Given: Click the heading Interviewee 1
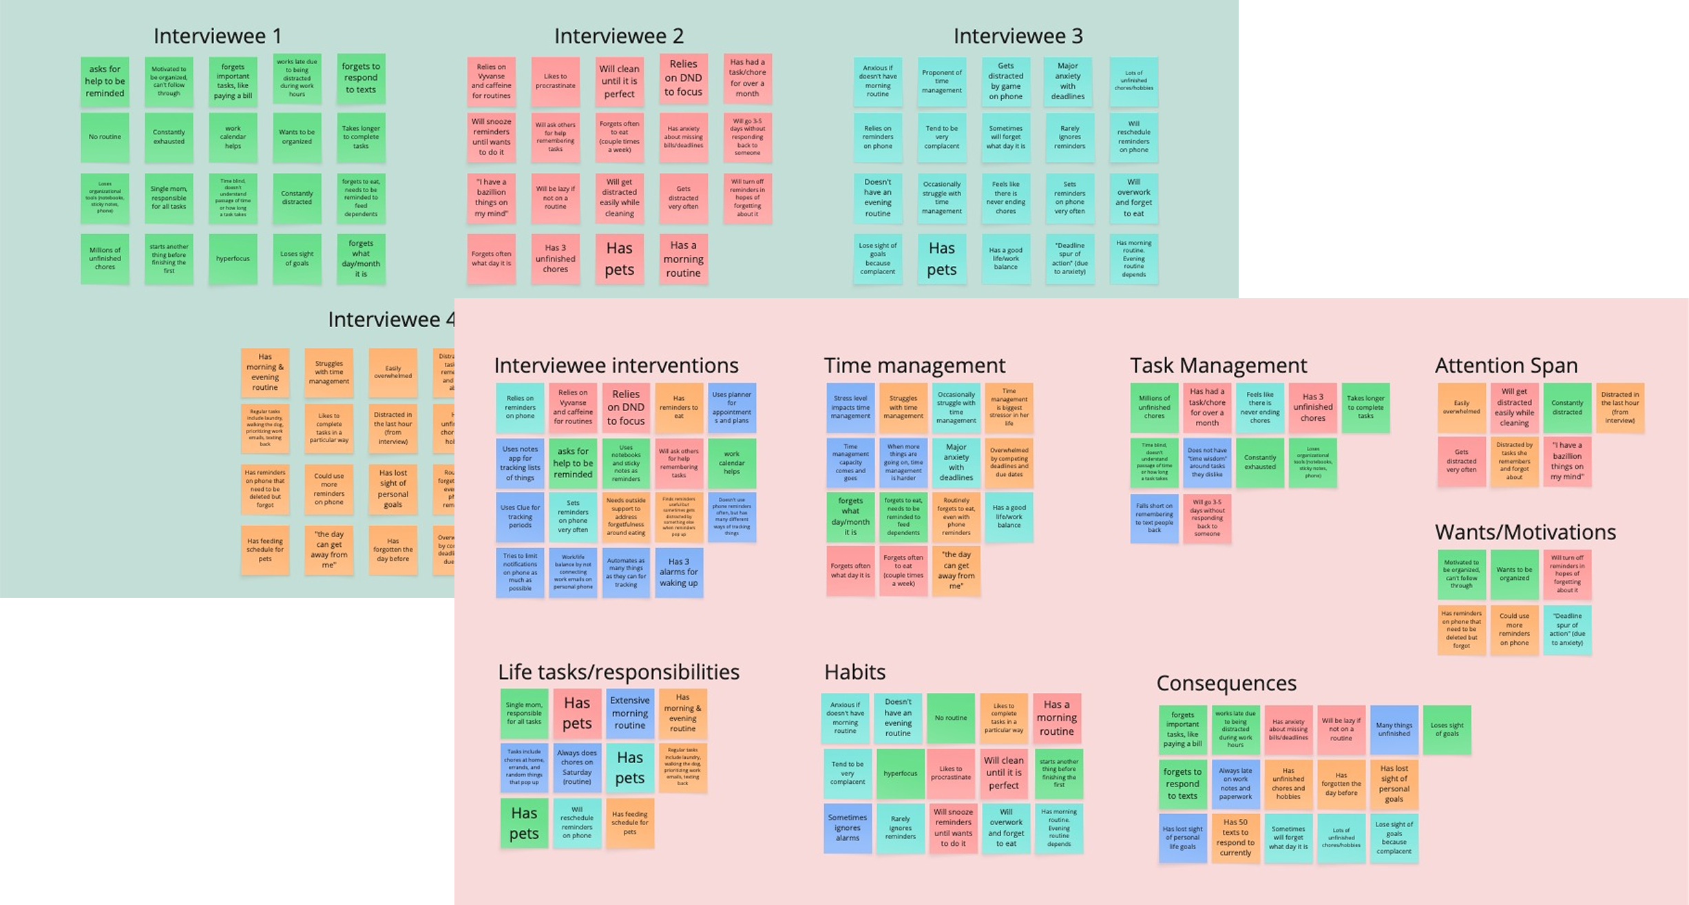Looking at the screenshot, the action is pyautogui.click(x=217, y=36).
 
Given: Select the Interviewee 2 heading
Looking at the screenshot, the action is pyautogui.click(x=618, y=36).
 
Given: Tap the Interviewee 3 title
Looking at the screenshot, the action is pyautogui.click(x=1018, y=36).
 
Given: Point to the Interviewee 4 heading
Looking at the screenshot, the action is pyautogui.click(x=390, y=320).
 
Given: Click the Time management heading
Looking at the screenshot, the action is pyautogui.click(x=914, y=365).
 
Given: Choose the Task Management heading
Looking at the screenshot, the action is pyautogui.click(x=1218, y=365).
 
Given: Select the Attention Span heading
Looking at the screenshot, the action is pyautogui.click(x=1506, y=365).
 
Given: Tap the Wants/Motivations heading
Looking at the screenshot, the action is pyautogui.click(x=1525, y=532).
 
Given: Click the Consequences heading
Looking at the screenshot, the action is pyautogui.click(x=1226, y=683).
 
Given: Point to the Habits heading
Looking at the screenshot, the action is pyautogui.click(x=854, y=672).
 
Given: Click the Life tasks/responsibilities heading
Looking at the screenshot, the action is pyautogui.click(x=618, y=672).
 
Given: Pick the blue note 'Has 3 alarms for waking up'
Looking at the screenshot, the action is pyautogui.click(x=679, y=572).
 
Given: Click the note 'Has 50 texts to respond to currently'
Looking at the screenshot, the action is pyautogui.click(x=1235, y=838).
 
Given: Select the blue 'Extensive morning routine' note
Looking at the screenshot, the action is pyautogui.click(x=629, y=713).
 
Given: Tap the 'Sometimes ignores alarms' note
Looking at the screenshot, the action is pyautogui.click(x=848, y=828).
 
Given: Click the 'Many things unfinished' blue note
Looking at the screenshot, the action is pyautogui.click(x=1394, y=729).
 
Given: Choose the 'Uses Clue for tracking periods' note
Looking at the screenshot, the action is pyautogui.click(x=520, y=517).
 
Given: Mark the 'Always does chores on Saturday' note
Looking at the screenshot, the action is pyautogui.click(x=577, y=767).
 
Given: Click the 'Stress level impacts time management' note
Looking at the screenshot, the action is pyautogui.click(x=850, y=407).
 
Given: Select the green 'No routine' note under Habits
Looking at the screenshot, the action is pyautogui.click(x=950, y=718).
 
